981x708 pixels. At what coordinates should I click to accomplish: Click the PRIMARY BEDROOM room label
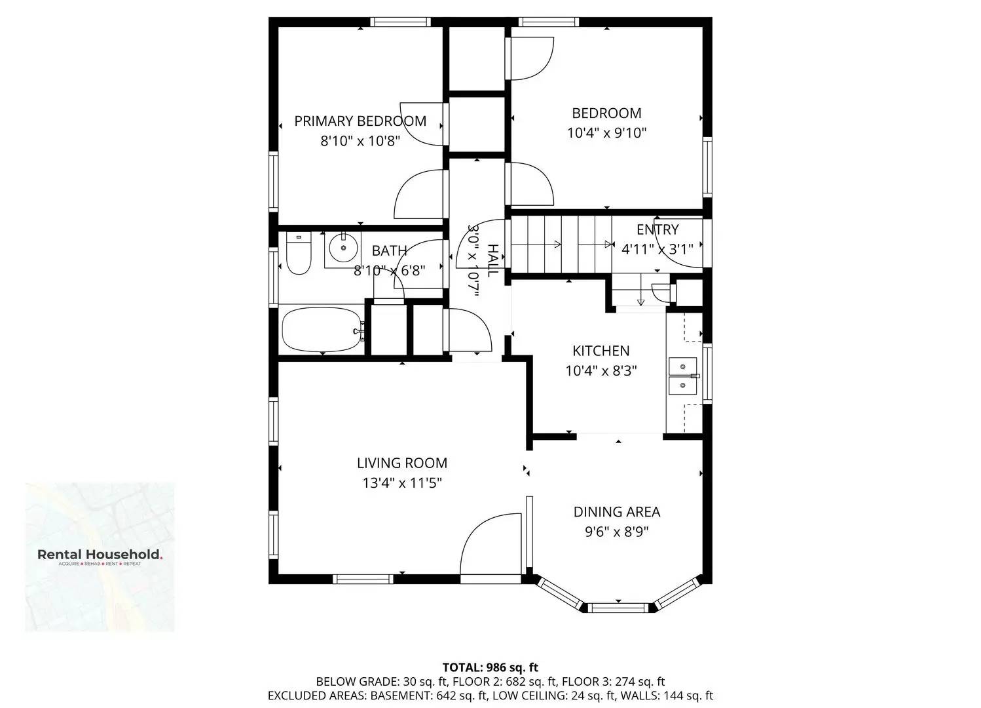coord(360,121)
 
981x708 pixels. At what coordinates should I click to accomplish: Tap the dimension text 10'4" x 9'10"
coord(606,133)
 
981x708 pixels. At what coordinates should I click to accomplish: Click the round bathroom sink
coord(342,249)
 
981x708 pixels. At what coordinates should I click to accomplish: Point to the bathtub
coord(322,330)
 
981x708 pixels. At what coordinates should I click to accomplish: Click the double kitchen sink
coord(682,376)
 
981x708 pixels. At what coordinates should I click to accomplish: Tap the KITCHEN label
coord(601,351)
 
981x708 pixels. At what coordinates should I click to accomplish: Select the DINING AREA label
coord(616,512)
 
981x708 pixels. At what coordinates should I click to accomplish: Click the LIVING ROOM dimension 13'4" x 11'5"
coord(402,483)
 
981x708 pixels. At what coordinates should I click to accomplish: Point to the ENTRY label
coord(657,229)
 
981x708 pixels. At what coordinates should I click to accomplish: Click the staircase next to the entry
coord(561,245)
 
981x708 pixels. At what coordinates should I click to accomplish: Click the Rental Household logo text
coord(100,555)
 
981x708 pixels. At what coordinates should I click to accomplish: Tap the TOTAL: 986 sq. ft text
coord(490,667)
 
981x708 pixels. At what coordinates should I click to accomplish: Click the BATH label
coord(389,250)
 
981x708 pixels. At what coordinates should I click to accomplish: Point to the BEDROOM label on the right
coord(606,113)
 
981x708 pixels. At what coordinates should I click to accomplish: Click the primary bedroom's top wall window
coord(400,22)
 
